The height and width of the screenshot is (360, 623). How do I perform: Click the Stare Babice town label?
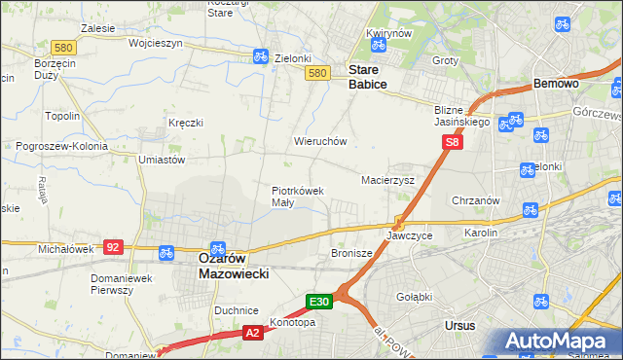368,78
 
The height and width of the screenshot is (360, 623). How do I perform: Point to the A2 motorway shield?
253,333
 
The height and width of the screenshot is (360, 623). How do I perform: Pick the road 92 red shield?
114,247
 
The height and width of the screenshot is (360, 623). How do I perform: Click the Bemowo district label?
556,84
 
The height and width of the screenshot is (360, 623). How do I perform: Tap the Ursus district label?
458,324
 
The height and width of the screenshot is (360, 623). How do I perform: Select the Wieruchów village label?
320,141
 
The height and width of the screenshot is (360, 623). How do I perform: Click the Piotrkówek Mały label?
297,197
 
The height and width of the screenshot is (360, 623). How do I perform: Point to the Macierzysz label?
388,180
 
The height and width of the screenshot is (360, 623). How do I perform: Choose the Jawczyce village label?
409,235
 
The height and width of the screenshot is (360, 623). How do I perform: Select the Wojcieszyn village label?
128,44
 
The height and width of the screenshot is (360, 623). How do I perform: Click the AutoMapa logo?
559,342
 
